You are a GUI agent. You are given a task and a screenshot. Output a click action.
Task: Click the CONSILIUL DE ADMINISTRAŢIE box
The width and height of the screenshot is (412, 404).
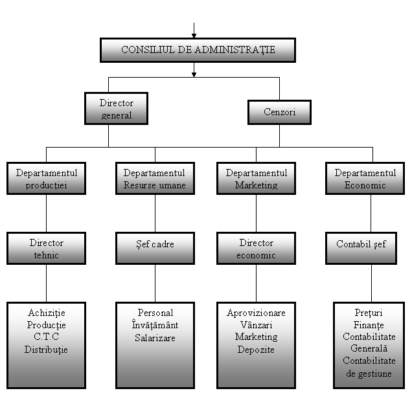coord(198,50)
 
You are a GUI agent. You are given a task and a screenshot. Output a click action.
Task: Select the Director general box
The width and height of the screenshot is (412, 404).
coord(116,109)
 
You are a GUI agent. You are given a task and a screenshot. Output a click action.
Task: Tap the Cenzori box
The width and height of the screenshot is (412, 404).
coord(280,112)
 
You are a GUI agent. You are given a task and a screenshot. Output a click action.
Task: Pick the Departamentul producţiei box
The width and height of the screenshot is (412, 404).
coord(46,178)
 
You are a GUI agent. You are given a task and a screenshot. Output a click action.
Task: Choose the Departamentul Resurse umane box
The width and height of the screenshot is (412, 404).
coord(155,178)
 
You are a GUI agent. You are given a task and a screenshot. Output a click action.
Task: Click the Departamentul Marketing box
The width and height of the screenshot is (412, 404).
coord(256,178)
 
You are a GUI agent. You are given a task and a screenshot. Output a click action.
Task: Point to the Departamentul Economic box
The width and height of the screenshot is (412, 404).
coord(365,178)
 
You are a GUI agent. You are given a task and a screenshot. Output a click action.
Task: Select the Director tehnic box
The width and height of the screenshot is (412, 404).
coord(46,248)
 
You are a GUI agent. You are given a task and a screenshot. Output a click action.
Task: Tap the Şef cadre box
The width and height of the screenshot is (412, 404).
coord(155,248)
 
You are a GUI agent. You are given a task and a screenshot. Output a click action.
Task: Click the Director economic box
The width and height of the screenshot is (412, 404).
coord(256,248)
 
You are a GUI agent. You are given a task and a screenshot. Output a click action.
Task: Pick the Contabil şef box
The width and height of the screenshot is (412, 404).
coord(361,248)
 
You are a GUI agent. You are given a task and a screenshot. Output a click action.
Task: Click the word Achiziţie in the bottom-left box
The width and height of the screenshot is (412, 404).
coord(47,313)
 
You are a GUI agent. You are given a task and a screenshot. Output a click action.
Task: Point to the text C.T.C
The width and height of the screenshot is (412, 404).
coord(46,337)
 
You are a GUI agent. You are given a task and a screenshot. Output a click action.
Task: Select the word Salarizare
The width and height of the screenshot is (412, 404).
coord(155,338)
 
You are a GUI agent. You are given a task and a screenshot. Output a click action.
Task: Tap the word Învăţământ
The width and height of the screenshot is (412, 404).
coord(155,324)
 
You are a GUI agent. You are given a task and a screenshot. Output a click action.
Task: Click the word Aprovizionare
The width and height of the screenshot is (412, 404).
coord(256,313)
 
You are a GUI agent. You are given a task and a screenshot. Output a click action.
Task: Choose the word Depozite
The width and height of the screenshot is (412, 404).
coord(256,350)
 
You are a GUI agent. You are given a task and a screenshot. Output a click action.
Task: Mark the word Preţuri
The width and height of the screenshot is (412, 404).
coord(369,313)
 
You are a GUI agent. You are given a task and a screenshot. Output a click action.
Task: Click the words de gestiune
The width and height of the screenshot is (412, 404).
coord(369,374)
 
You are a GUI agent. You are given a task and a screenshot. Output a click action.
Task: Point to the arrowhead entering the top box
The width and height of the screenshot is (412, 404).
coord(194,36)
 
